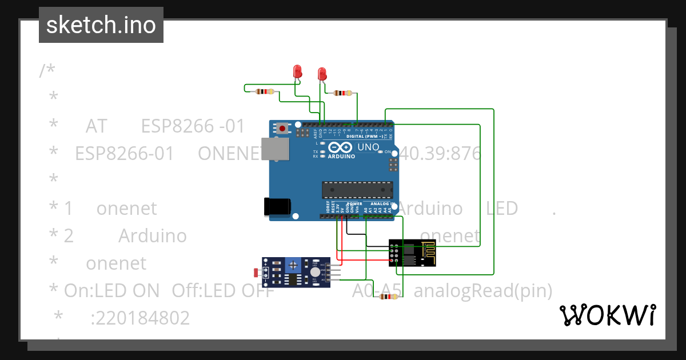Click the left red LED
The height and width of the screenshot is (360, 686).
[x=297, y=71]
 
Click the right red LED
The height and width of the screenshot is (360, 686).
[x=322, y=73]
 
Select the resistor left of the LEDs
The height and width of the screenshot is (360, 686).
[x=265, y=91]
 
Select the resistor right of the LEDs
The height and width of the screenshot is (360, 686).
[x=343, y=93]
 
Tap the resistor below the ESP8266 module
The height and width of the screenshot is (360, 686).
[x=389, y=296]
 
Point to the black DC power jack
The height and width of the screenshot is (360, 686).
[x=277, y=207]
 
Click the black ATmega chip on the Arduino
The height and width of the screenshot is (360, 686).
[x=357, y=190]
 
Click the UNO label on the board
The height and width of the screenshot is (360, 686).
[x=368, y=147]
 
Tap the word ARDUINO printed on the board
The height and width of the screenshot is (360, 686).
[x=342, y=155]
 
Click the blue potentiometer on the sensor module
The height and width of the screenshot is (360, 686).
[x=294, y=265]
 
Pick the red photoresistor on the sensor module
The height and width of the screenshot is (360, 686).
[x=256, y=273]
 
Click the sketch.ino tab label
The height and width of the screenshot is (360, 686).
[x=101, y=25]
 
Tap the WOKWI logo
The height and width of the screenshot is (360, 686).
[x=607, y=315]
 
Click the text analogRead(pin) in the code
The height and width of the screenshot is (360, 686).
[x=482, y=291]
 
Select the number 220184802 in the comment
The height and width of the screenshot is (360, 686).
[x=140, y=318]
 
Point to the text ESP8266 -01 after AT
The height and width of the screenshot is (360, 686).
[x=193, y=126]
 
